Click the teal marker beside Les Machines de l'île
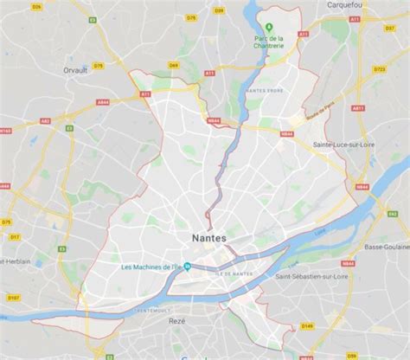point(198,267)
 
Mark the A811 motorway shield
point(356,107)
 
